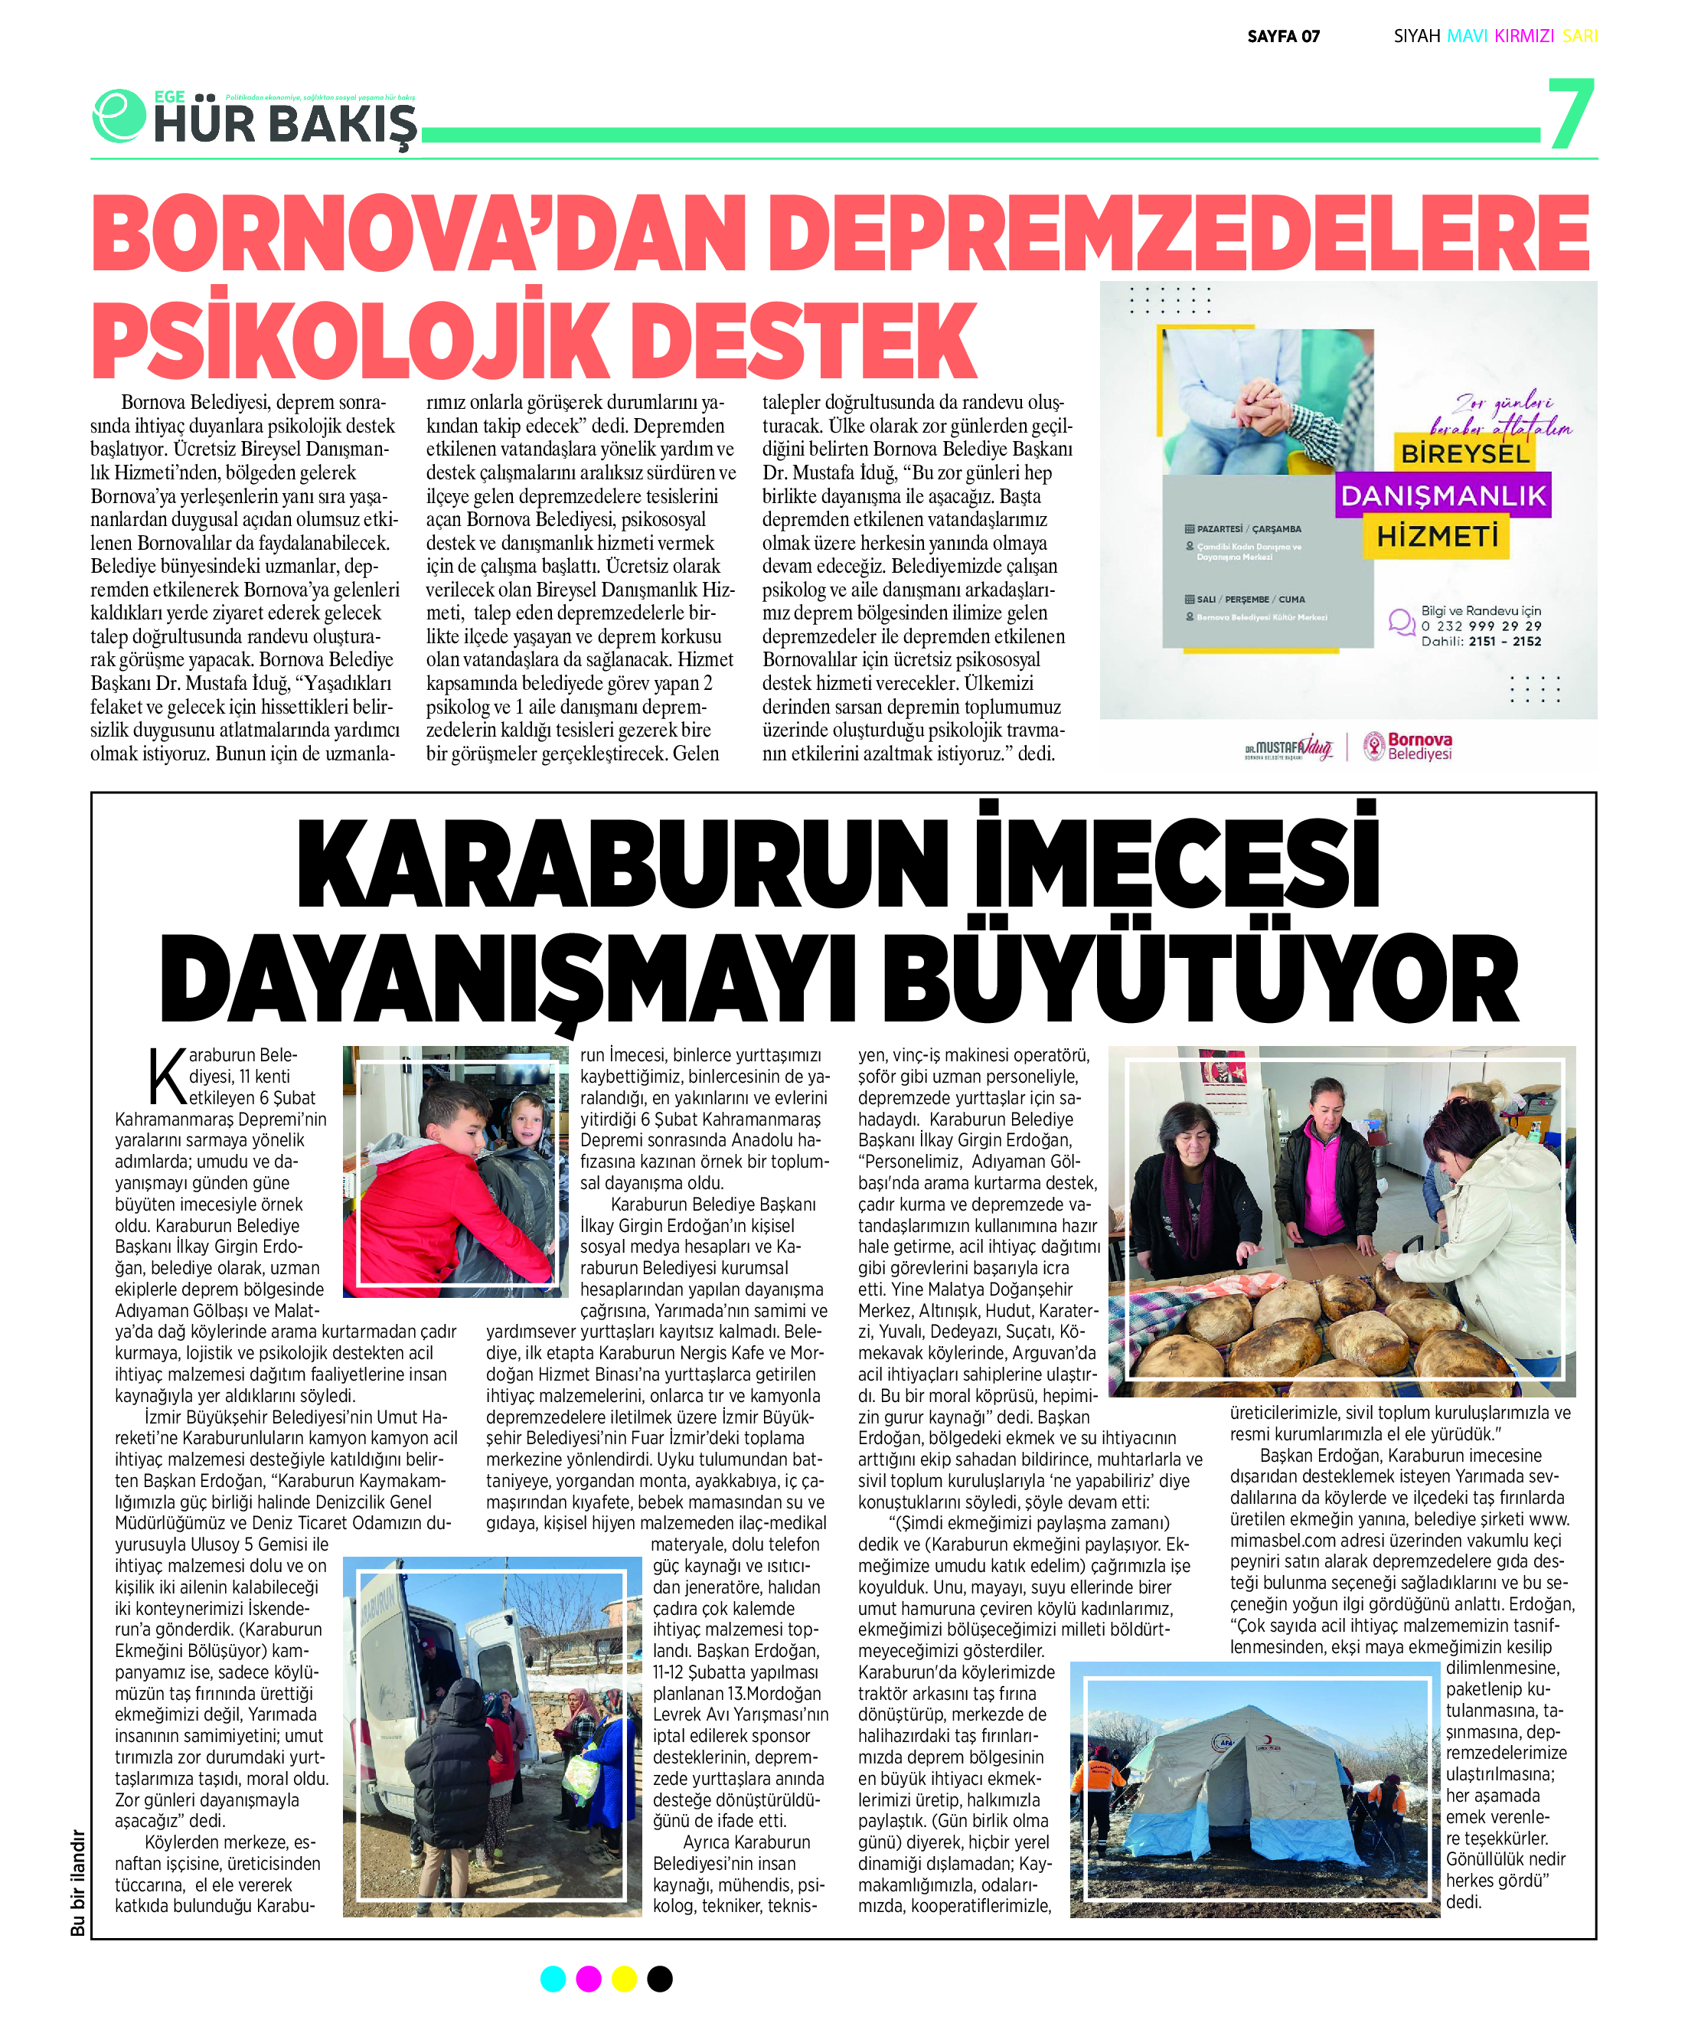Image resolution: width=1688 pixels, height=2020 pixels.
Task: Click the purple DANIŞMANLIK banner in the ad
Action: pos(1443,495)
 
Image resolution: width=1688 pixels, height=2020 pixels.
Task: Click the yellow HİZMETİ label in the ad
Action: pos(1437,536)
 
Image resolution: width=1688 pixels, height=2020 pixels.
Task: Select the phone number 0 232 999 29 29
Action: pos(1481,626)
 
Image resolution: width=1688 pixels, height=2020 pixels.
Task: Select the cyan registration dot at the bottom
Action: pos(553,1979)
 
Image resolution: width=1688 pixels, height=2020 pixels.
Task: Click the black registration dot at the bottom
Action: pos(660,1979)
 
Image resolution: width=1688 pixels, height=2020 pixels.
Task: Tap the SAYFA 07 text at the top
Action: pos(1283,37)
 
